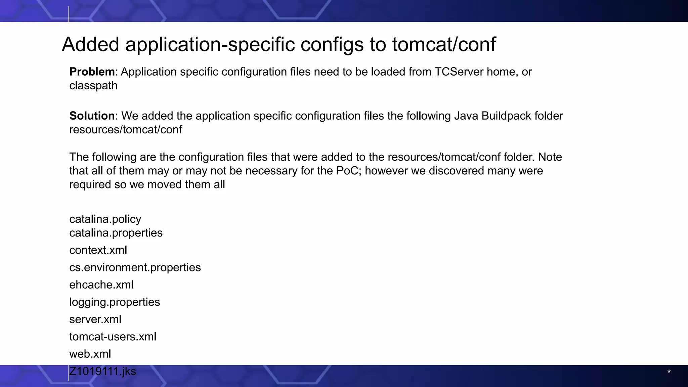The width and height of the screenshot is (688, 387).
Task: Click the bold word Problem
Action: click(92, 72)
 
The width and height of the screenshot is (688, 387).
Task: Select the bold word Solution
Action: click(92, 116)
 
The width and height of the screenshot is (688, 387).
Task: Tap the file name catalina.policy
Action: click(105, 219)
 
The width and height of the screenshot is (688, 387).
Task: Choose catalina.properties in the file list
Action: click(116, 233)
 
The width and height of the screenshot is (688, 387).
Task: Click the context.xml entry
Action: click(98, 250)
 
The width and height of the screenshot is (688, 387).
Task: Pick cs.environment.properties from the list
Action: click(135, 267)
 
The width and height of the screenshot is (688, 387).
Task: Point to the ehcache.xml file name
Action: click(101, 285)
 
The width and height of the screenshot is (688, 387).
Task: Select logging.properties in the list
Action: click(115, 302)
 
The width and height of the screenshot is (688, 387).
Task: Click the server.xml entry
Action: click(95, 319)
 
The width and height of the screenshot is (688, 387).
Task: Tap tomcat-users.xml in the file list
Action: click(113, 337)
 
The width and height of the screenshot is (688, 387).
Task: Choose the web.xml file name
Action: click(90, 354)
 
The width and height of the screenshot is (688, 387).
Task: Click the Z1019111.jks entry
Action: click(102, 371)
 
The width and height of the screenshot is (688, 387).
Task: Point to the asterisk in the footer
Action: click(669, 372)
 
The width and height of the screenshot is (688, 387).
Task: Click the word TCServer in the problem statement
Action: click(459, 72)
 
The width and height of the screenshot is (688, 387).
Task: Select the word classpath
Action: click(93, 86)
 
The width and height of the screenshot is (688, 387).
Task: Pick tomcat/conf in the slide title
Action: click(444, 44)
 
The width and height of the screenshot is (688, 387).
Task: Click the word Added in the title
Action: click(91, 44)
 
